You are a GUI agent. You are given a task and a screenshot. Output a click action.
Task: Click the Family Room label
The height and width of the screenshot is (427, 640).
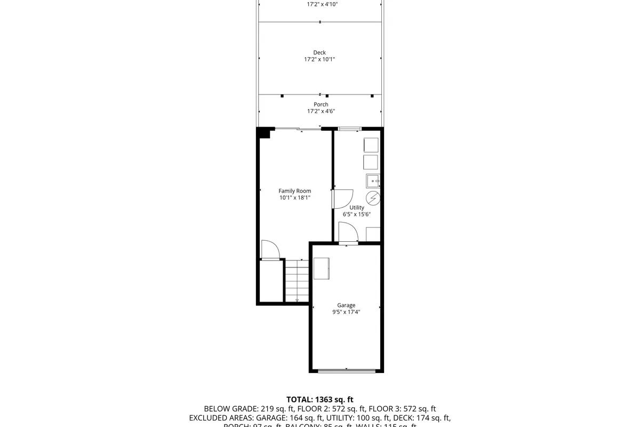tap(294, 191)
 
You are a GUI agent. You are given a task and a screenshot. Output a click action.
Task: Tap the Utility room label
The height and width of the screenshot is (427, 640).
tap(357, 208)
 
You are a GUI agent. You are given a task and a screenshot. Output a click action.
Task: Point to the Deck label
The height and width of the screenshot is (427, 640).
tap(319, 52)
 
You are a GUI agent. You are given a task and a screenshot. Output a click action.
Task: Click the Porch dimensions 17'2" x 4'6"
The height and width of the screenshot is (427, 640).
tap(321, 112)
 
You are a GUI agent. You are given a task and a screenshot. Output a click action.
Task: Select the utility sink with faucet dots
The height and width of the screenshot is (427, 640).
tap(373, 181)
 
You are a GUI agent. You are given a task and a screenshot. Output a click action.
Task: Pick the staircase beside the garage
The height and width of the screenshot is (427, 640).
tap(297, 280)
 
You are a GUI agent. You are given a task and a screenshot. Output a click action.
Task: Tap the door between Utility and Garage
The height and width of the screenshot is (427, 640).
tap(348, 235)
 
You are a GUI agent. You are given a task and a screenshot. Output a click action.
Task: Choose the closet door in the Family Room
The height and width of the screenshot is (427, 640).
tap(270, 251)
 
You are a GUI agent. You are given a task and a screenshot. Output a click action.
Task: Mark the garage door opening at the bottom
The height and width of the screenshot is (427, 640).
tap(346, 370)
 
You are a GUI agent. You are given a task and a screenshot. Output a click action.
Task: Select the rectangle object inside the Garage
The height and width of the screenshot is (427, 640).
tap(322, 268)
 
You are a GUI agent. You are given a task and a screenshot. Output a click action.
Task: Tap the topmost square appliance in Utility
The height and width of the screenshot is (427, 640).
tap(371, 145)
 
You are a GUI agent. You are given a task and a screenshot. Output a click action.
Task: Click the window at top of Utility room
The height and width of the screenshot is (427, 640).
tap(350, 129)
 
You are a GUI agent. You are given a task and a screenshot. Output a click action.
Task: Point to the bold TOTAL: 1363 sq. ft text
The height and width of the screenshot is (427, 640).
tap(319, 399)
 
